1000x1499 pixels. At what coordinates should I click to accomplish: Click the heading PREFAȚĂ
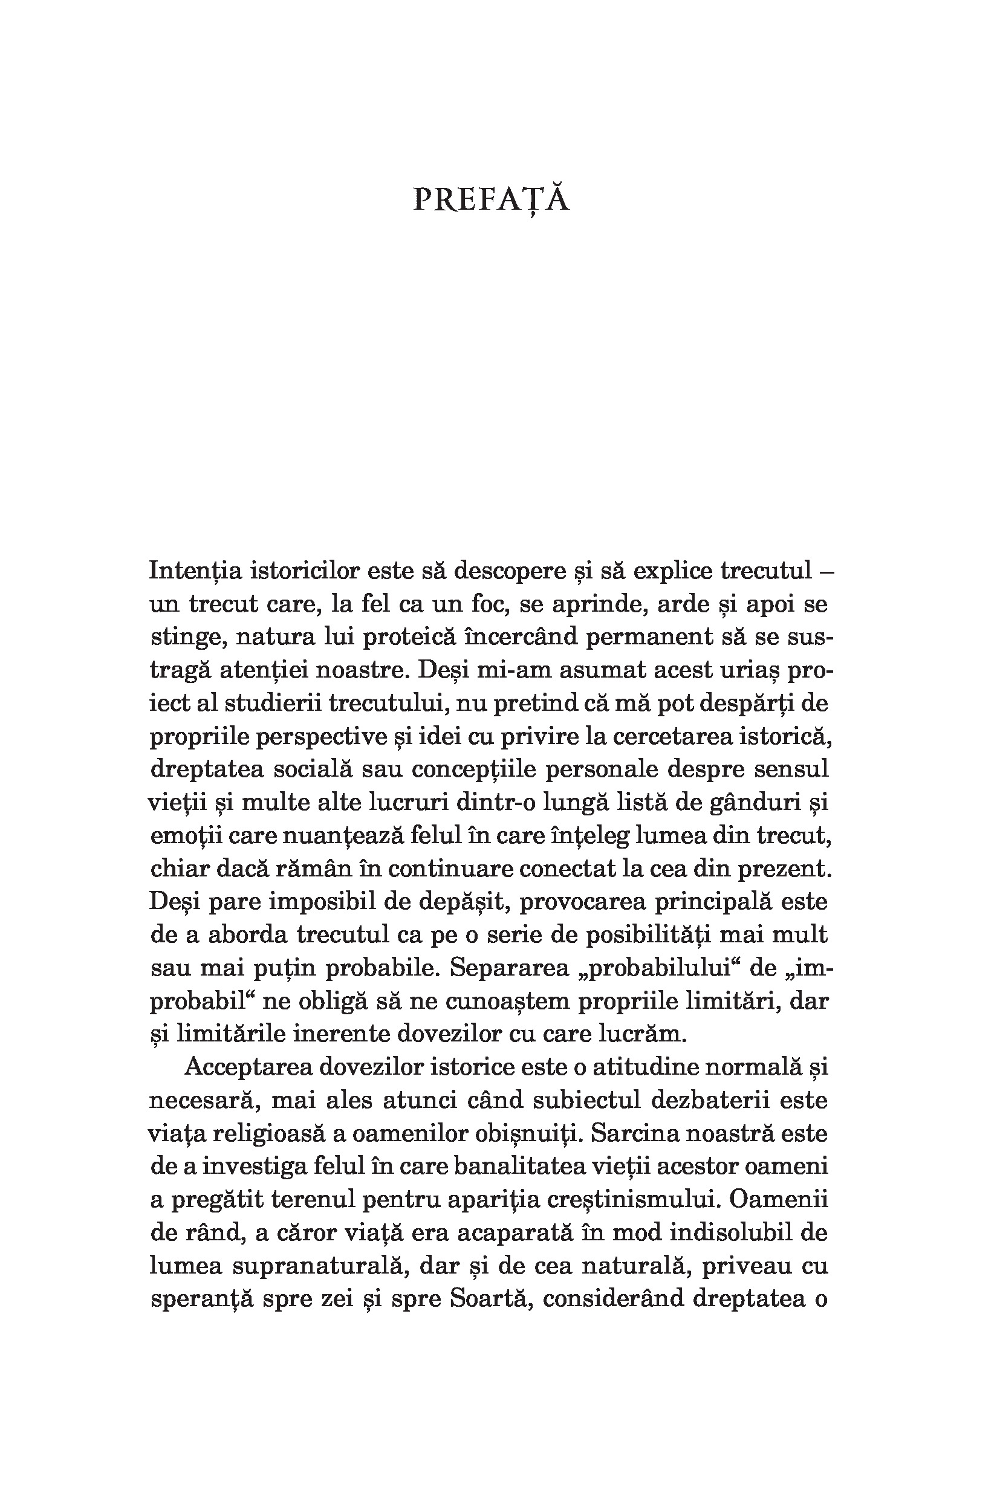pyautogui.click(x=491, y=199)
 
